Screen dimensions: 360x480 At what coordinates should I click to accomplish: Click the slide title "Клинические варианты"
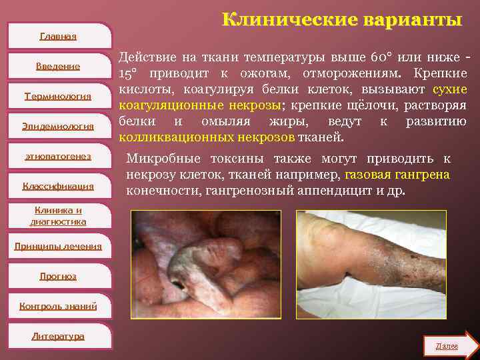point(341,19)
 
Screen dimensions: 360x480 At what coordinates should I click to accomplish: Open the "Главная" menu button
point(59,36)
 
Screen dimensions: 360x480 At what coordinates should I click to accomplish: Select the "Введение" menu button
point(59,66)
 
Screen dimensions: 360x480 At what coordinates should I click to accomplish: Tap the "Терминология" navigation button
point(58,96)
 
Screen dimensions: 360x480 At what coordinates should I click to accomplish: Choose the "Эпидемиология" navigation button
point(58,126)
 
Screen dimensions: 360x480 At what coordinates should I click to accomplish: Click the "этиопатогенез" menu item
point(58,156)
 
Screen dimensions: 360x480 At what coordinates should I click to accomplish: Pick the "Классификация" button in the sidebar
point(58,186)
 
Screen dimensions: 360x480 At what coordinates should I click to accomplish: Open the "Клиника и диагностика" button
point(58,215)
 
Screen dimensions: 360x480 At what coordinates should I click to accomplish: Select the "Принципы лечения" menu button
point(58,246)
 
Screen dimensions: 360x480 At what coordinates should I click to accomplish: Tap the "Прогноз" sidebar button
point(58,276)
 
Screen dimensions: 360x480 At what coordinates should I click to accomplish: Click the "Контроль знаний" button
point(58,306)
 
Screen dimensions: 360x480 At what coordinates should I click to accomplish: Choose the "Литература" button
point(58,336)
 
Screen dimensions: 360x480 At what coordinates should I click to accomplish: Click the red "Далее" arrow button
point(450,346)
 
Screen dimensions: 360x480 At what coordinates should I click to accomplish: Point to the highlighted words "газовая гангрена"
point(397,175)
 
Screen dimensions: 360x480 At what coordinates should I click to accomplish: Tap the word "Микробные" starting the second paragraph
point(159,159)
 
